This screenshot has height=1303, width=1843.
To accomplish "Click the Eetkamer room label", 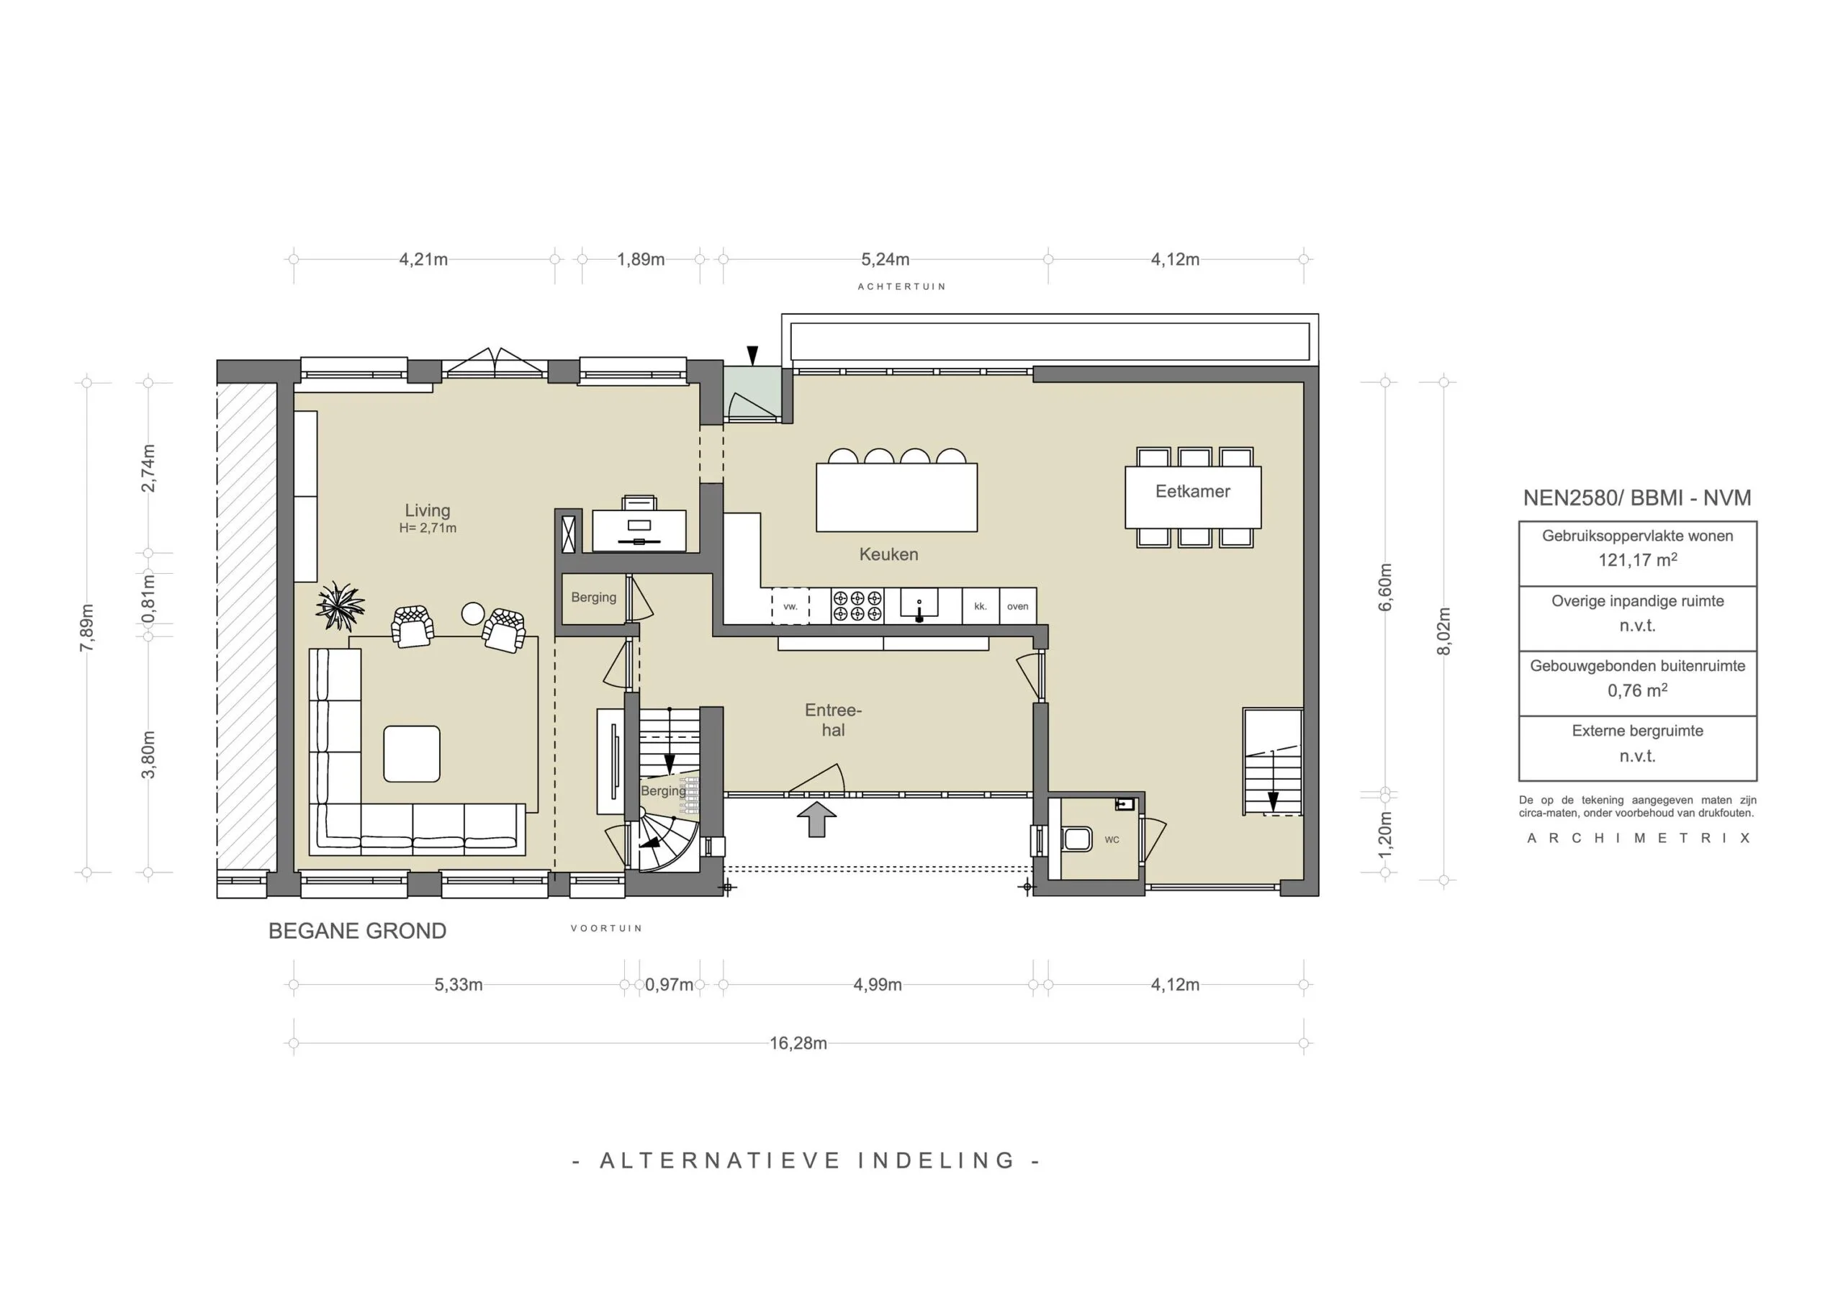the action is pos(1192,492).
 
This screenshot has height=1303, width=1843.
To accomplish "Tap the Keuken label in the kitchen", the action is pos(888,554).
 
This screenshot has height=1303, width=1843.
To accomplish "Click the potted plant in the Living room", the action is pos(341,606).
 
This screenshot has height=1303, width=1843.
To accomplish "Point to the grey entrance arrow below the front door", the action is pos(816,819).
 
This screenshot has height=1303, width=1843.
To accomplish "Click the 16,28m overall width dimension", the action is pos(798,1043).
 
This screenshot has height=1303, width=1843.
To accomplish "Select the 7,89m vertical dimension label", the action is pos(86,628).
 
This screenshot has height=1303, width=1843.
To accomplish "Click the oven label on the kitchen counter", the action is pos(1017,606).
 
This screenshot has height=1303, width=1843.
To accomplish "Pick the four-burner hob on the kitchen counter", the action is pos(857,605).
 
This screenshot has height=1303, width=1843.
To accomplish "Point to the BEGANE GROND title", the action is pos(357,931).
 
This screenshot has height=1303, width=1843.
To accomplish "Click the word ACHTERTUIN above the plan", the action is pos(901,287).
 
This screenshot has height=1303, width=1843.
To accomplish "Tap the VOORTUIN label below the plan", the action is pos(606,928).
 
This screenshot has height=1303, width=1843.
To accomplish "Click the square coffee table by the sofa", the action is pos(412,754).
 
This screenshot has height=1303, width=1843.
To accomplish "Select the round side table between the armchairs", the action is pos(473,613).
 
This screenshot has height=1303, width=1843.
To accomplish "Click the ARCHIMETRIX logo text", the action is pos(1638,838).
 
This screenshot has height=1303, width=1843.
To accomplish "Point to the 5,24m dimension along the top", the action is pos(886,259).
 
